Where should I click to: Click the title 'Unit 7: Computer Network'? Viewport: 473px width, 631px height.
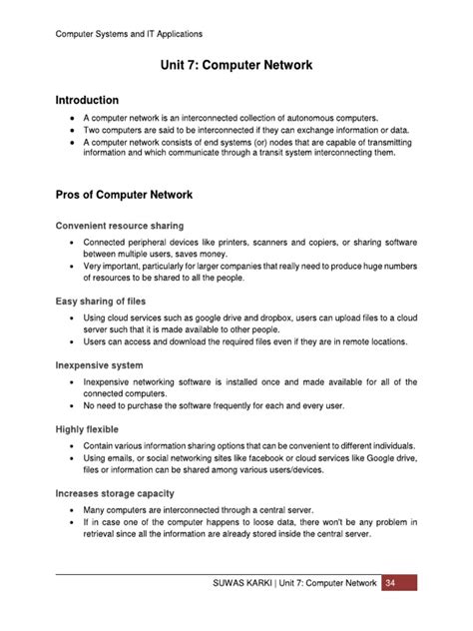pyautogui.click(x=236, y=66)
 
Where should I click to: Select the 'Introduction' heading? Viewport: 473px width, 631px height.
pyautogui.click(x=87, y=101)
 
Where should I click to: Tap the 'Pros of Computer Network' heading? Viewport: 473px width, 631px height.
pyautogui.click(x=124, y=194)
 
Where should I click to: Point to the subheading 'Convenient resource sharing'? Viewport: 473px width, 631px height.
pyautogui.click(x=120, y=226)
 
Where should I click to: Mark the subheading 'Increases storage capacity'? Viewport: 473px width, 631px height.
pyautogui.click(x=117, y=492)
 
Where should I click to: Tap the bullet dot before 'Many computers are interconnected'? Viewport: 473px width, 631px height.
pyautogui.click(x=73, y=509)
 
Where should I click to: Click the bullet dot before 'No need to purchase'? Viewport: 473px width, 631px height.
pyautogui.click(x=73, y=406)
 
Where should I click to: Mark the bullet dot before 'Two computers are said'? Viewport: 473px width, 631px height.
pyautogui.click(x=73, y=130)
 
